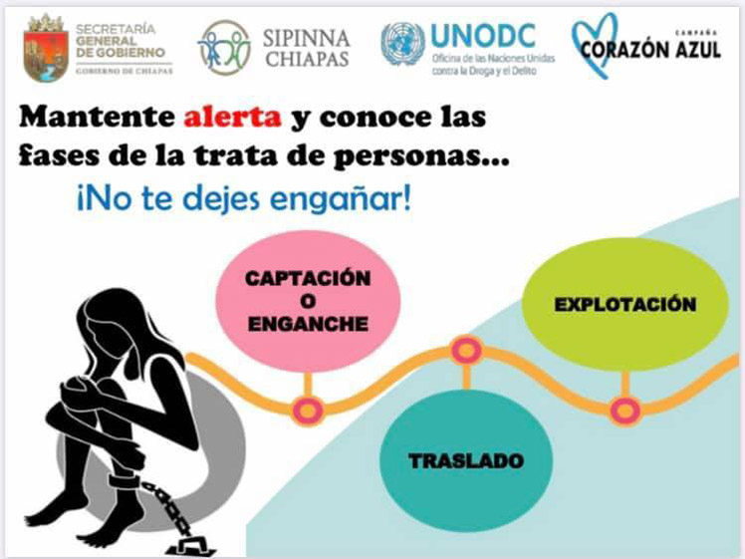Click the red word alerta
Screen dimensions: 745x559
[x=232, y=117]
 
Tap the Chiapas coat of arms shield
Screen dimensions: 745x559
[x=45, y=49]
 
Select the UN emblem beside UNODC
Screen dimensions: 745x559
[x=402, y=44]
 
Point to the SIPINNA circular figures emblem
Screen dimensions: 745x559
[x=224, y=48]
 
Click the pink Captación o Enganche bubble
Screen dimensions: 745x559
[x=308, y=301]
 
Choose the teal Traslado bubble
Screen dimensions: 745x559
[x=466, y=459]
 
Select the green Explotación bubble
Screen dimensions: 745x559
[x=624, y=304]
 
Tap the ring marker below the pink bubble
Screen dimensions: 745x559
[x=308, y=411]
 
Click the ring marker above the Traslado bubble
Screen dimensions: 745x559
[x=466, y=351]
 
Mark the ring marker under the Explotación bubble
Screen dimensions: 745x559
[x=624, y=410]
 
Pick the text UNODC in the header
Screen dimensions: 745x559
[x=483, y=36]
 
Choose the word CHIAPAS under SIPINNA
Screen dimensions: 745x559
[x=307, y=60]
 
